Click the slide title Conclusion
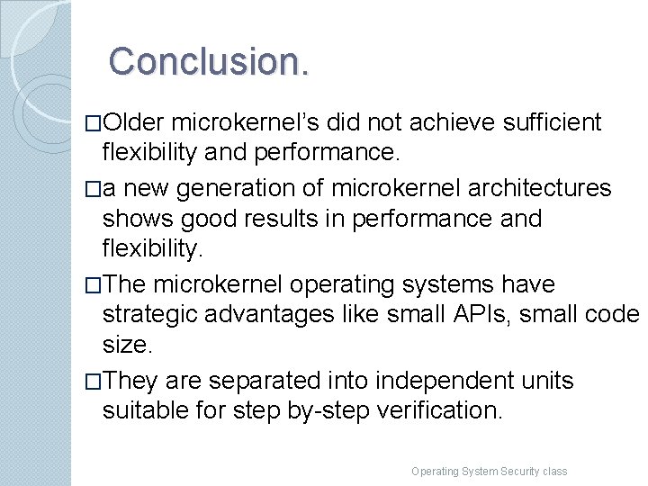[x=210, y=61]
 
